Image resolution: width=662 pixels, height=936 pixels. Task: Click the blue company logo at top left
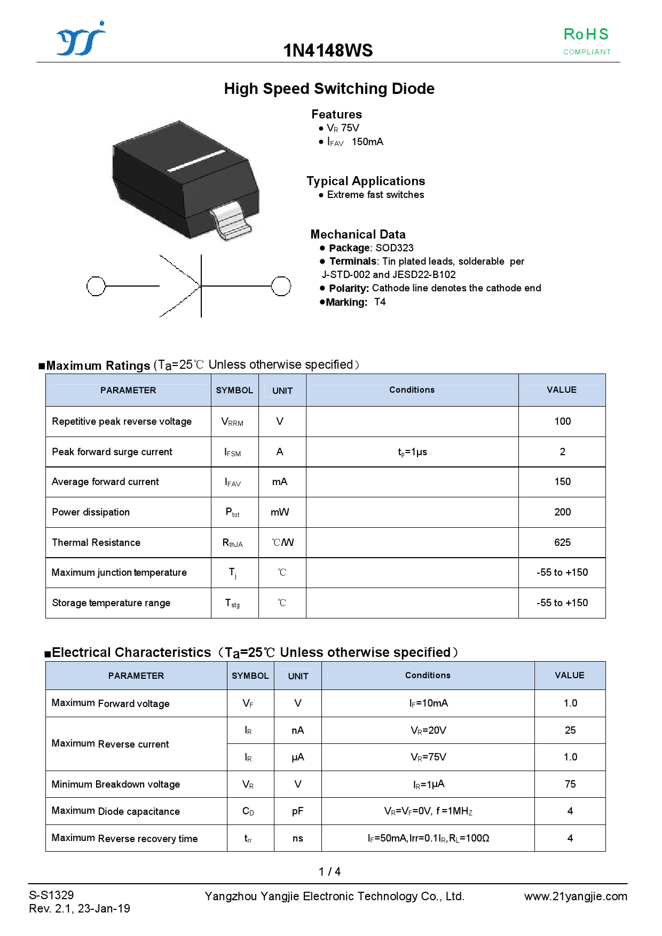81,39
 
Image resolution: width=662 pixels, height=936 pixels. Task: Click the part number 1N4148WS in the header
328,51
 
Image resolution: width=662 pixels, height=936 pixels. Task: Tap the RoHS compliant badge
586,41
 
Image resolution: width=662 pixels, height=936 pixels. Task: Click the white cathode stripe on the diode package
196,161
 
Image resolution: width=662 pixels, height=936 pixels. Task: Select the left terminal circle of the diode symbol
96,286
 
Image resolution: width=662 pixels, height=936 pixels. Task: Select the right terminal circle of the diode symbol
281,286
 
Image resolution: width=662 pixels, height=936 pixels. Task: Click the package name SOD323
394,248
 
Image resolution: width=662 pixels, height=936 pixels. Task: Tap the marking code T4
380,302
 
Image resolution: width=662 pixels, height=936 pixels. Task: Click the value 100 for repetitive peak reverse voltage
562,422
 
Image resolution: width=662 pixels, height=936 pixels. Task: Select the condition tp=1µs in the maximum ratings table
412,452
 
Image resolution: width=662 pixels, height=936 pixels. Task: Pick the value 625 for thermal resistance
562,543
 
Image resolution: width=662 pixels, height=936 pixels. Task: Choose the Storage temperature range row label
111,603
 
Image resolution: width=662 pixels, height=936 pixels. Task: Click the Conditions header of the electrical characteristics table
428,676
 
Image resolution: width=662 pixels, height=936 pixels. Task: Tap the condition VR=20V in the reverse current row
428,731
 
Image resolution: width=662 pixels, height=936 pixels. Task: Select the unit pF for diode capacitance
297,811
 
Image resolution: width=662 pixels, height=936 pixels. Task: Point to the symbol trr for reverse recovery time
248,838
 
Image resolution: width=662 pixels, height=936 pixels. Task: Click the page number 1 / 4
329,872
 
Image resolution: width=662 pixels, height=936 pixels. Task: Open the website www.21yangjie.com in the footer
576,897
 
